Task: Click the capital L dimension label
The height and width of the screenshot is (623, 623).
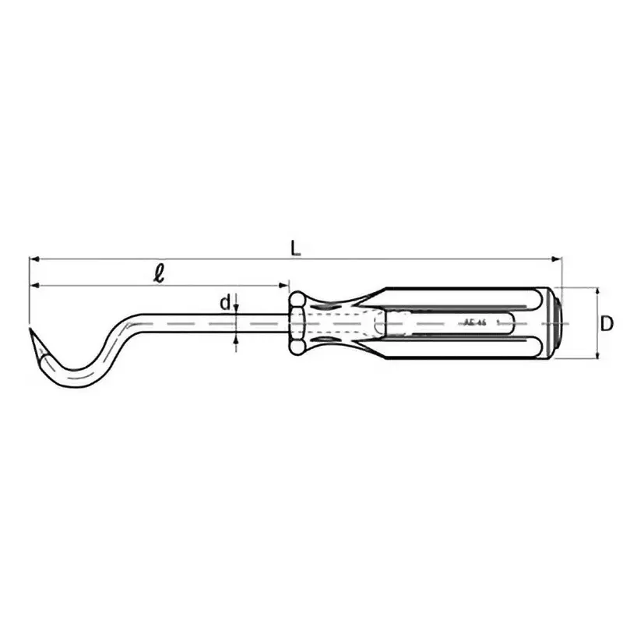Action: pyautogui.click(x=294, y=248)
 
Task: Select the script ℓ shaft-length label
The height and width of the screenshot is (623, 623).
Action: pyautogui.click(x=159, y=273)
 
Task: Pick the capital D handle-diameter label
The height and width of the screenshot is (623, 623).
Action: pyautogui.click(x=608, y=322)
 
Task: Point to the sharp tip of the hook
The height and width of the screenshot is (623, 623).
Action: pyautogui.click(x=31, y=331)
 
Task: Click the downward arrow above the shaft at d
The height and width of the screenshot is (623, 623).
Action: pyautogui.click(x=236, y=308)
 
